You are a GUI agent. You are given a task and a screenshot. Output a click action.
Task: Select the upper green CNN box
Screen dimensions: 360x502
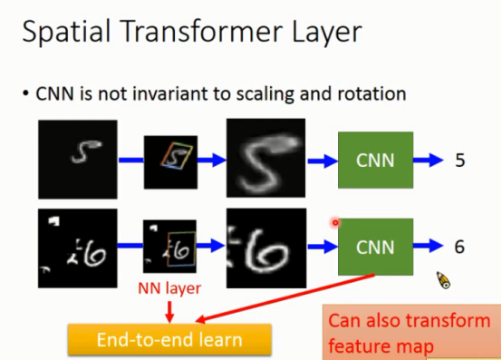(x=375, y=161)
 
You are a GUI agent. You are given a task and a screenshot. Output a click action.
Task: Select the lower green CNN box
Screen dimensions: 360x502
(x=375, y=247)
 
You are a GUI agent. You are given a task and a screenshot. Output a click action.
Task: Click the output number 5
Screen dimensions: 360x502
(x=461, y=161)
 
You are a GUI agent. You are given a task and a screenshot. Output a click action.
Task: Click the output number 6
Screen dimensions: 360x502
(x=461, y=247)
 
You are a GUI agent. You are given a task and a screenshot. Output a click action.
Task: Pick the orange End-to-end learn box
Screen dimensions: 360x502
(x=169, y=340)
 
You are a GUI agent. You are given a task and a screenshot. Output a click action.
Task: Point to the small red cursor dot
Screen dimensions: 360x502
(x=335, y=222)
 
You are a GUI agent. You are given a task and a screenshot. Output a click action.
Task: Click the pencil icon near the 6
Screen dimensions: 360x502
(x=443, y=280)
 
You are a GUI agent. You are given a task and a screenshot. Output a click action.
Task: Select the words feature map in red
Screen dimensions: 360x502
(x=381, y=345)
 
